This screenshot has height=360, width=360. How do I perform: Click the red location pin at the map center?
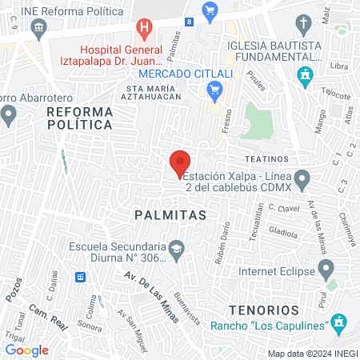coord(180,163)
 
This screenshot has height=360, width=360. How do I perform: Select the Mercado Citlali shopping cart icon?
coord(214,92)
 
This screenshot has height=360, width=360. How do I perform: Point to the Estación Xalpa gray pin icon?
coord(302,178)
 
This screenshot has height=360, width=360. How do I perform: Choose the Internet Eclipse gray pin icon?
coord(325,266)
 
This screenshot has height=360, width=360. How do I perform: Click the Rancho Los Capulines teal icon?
coord(338,324)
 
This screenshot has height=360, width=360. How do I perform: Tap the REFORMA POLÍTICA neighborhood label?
coord(78,118)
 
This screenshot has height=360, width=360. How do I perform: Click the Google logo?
coord(26,350)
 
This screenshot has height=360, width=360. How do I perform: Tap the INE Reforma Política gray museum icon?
coord(38,30)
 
